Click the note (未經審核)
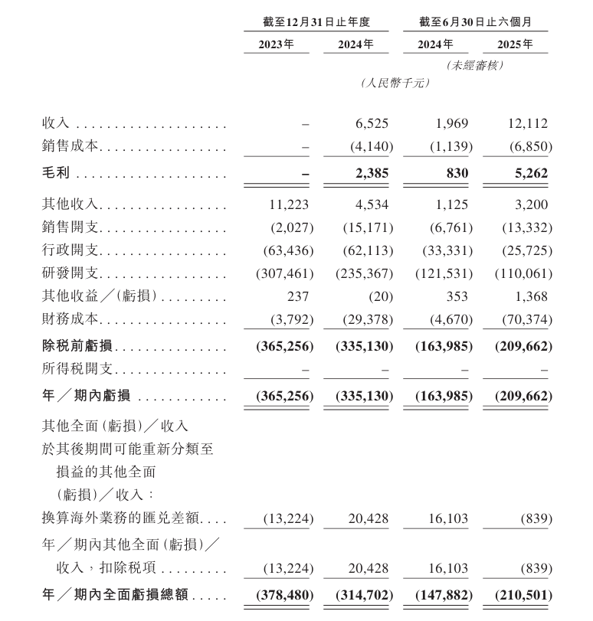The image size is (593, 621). (x=475, y=66)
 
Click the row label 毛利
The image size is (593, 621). (x=56, y=174)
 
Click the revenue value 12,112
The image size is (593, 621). (x=528, y=123)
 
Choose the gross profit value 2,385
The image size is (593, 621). (x=371, y=174)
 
